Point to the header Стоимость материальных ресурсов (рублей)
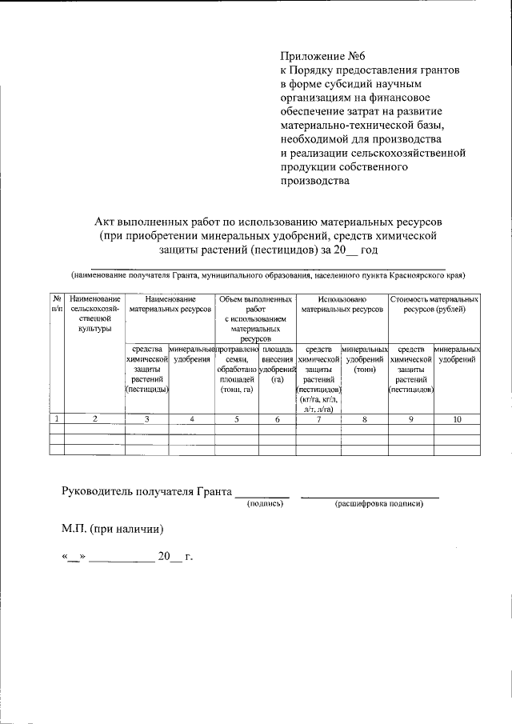pyautogui.click(x=434, y=302)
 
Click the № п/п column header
pyautogui.click(x=56, y=302)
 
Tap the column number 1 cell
pyautogui.click(x=56, y=418)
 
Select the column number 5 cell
pyautogui.click(x=237, y=418)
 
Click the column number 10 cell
pyautogui.click(x=457, y=418)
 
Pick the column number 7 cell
pyautogui.click(x=318, y=418)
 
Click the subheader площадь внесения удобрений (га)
pyautogui.click(x=278, y=364)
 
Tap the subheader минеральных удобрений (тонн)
pyautogui.click(x=364, y=359)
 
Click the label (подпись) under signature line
pyautogui.click(x=266, y=504)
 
